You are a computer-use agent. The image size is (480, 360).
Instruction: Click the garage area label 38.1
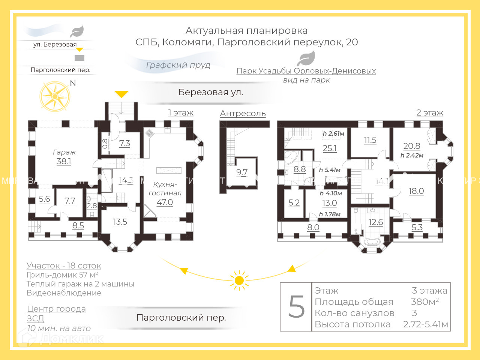point(64,161)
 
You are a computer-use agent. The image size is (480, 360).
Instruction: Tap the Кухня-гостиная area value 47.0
point(165,202)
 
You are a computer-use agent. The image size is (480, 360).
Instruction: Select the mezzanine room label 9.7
point(242,172)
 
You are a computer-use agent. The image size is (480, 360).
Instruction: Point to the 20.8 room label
point(412,146)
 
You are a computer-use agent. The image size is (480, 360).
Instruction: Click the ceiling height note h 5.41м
point(330,170)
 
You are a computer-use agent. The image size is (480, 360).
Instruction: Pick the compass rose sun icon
point(55,96)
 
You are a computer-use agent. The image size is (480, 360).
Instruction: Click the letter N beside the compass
point(73,83)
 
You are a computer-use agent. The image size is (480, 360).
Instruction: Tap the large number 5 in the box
point(296,307)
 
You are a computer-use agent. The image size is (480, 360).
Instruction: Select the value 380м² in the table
point(424,301)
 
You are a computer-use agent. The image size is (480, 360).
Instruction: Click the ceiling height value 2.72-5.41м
point(425,324)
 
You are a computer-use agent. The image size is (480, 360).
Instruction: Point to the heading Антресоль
point(243,113)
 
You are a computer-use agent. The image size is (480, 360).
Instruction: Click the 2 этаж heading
point(430,112)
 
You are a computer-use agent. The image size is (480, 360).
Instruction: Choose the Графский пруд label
point(178,65)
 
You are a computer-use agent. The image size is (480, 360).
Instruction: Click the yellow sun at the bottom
point(239,280)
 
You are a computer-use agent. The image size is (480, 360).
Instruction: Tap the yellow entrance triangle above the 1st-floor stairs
point(121,94)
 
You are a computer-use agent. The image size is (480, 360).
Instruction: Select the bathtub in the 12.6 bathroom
point(372,241)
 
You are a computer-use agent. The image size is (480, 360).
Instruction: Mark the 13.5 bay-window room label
point(120,222)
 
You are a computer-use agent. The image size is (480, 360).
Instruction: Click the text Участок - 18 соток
point(64,265)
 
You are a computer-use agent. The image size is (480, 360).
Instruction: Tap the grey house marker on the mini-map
point(79,58)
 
